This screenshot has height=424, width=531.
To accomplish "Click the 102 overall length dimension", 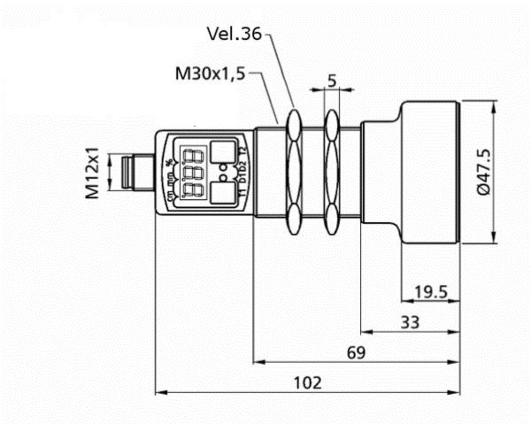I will pos(308,383).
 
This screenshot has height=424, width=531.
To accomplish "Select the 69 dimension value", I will pos(356,353).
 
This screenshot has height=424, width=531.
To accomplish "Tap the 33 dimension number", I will pos(410,322).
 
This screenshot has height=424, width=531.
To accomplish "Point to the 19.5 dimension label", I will pos(430,292).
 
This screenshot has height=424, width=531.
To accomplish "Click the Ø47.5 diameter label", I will pos(484,172).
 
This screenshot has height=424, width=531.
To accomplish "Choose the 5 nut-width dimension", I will pos(332,81).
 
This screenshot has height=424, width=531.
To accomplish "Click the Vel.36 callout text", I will pos(234,34).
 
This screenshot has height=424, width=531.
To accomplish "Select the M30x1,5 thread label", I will pos(210,74).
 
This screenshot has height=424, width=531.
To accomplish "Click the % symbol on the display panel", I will pos(170,162).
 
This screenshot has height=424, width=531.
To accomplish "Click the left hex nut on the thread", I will pos(293,172).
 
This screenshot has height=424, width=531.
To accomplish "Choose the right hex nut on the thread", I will pos(332,172).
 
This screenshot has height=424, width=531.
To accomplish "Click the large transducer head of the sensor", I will pos(430,172).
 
